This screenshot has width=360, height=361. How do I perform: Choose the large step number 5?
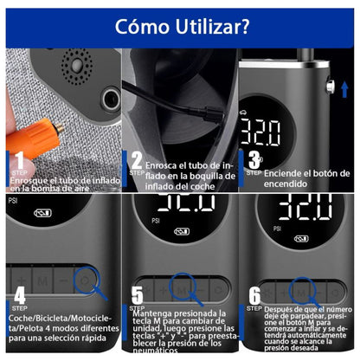137,297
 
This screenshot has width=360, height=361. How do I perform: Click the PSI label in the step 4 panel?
13,200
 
